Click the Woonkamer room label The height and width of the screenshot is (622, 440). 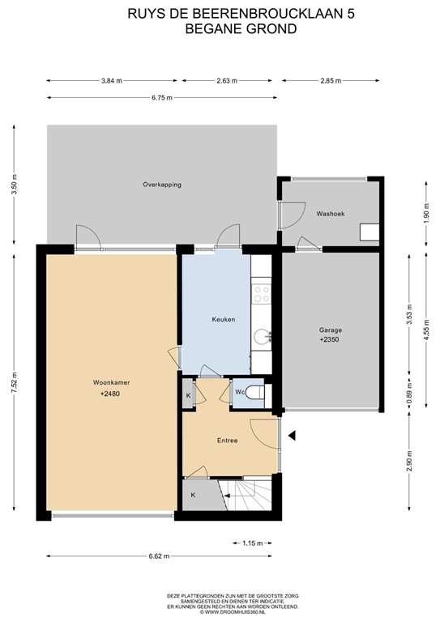click(x=111, y=381)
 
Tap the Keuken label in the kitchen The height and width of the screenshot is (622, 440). click(x=223, y=319)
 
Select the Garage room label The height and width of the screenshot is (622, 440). click(x=330, y=330)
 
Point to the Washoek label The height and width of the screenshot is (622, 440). click(x=330, y=214)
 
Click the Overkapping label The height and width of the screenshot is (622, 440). click(x=162, y=185)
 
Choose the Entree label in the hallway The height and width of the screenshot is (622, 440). click(x=227, y=441)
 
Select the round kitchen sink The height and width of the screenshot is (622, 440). click(x=261, y=335)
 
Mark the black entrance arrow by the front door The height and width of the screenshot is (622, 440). click(x=293, y=436)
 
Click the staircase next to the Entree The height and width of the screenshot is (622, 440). click(x=247, y=491)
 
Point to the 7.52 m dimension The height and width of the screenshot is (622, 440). click(x=14, y=381)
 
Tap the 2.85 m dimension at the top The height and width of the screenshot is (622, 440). click(x=330, y=81)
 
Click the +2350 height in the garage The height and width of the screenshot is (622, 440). click(x=330, y=341)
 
